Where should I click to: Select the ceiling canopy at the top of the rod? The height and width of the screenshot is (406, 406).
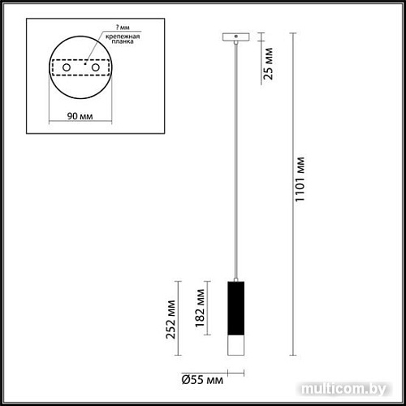point(235,37)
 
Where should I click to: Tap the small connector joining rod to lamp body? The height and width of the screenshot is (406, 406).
point(235,277)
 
